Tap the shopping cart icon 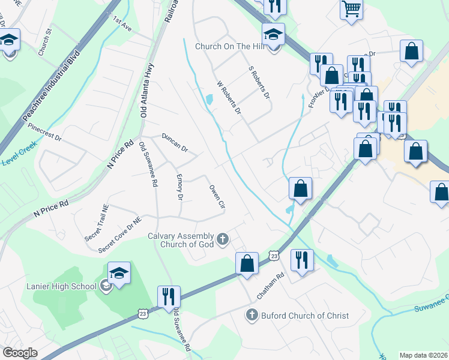click(351, 9)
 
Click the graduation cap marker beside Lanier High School click(119, 274)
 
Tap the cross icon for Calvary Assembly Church click(223, 240)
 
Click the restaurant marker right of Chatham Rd click(301, 260)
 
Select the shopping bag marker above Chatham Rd click(247, 263)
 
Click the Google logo click(20, 353)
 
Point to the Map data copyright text click(424, 355)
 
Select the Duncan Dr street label click(175, 143)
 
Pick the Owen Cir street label click(217, 197)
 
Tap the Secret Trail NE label click(97, 223)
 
